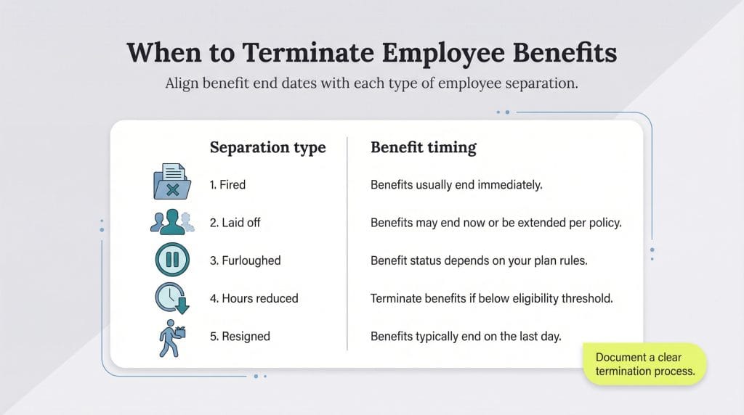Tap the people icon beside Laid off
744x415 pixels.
click(x=172, y=221)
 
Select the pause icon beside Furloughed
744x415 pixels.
click(x=172, y=260)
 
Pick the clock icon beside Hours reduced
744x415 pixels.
click(x=172, y=298)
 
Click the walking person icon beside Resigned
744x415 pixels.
click(x=171, y=337)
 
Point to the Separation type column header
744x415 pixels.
click(x=267, y=147)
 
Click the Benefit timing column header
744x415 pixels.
click(x=423, y=147)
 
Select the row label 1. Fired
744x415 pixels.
click(x=227, y=185)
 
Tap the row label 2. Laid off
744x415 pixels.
click(x=235, y=223)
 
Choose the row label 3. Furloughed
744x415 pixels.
click(x=245, y=260)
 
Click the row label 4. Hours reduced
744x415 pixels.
click(x=254, y=298)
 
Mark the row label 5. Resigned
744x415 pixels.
click(x=240, y=336)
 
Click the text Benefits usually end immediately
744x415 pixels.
click(x=456, y=185)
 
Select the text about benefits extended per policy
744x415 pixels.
click(x=496, y=223)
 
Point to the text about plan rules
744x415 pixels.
click(x=479, y=260)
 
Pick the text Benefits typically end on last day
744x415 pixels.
click(x=466, y=336)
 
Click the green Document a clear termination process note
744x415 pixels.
click(x=645, y=364)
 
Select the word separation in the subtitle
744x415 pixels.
click(x=538, y=83)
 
